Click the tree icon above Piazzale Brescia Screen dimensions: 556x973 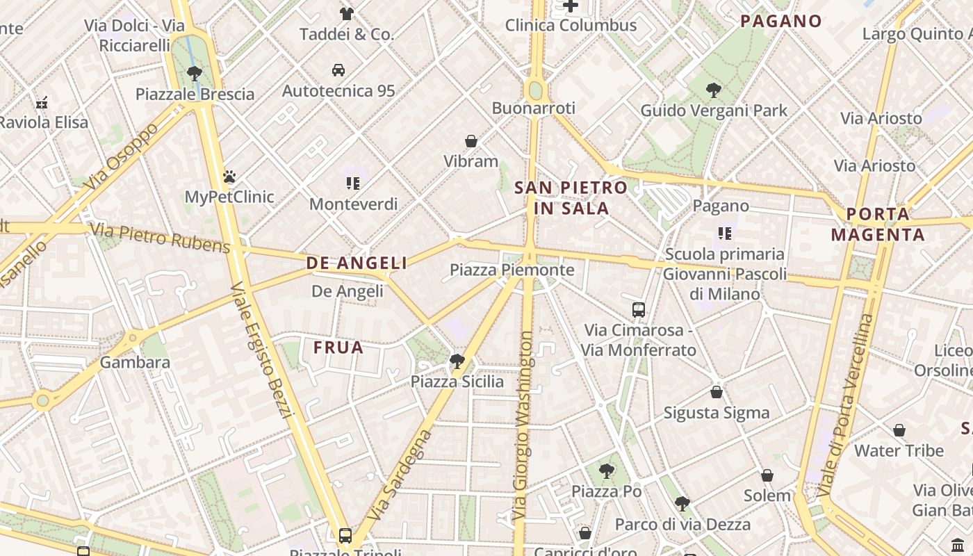[195, 73]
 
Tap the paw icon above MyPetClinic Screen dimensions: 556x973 [229, 177]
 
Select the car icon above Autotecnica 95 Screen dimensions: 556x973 [338, 70]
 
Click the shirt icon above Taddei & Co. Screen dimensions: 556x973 [346, 13]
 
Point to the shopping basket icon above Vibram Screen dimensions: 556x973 [471, 141]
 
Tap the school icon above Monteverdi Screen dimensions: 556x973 [353, 183]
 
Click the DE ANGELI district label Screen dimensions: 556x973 [357, 263]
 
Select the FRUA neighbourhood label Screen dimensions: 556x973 [338, 347]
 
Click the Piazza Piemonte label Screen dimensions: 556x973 [512, 270]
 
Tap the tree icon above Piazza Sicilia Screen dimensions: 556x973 [457, 361]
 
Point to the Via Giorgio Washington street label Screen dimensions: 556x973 [525, 427]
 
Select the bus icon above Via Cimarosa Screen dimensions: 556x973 [639, 310]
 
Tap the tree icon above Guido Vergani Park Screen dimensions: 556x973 [713, 90]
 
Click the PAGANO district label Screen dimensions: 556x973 [780, 21]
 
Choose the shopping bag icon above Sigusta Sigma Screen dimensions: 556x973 [717, 392]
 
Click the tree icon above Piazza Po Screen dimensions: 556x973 [606, 471]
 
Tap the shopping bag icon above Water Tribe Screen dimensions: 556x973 [899, 430]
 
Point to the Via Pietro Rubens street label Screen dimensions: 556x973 [160, 238]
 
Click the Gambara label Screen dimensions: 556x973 [135, 362]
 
